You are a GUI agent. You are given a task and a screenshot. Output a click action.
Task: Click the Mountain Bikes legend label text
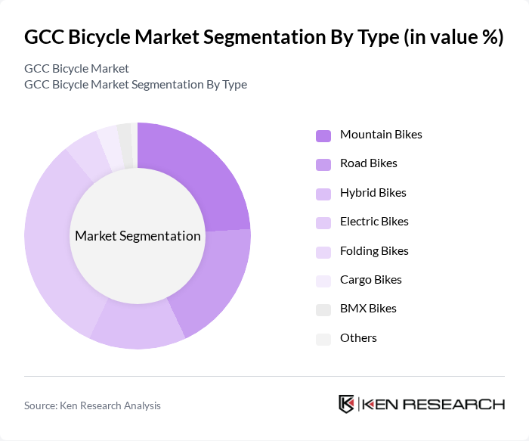(x=381, y=135)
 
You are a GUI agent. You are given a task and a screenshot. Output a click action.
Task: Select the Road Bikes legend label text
(x=368, y=163)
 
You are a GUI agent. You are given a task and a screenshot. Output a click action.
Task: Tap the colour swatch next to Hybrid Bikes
(x=323, y=194)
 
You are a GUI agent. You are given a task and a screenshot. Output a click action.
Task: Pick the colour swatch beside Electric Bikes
(x=323, y=222)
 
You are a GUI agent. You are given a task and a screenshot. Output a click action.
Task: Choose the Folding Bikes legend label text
(x=374, y=251)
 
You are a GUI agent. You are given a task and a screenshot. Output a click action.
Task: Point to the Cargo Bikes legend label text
(x=370, y=280)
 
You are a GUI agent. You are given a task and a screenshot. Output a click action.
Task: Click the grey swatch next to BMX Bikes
(x=323, y=309)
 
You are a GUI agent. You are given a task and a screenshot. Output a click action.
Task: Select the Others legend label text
(x=358, y=338)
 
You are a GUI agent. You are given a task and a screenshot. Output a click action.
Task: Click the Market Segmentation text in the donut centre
(x=138, y=236)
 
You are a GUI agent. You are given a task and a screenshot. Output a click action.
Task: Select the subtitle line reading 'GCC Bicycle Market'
(x=76, y=69)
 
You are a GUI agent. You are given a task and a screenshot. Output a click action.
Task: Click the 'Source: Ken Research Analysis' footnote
(x=92, y=405)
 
